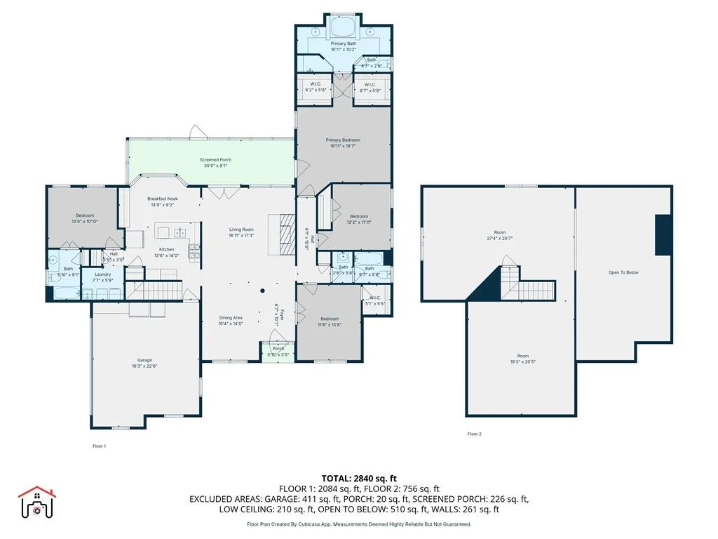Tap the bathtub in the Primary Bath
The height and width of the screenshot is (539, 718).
pyautogui.click(x=343, y=28)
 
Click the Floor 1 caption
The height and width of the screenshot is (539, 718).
pyautogui.click(x=100, y=446)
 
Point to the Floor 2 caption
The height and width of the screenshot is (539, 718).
pyautogui.click(x=475, y=434)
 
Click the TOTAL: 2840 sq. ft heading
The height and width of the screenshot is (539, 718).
pyautogui.click(x=359, y=477)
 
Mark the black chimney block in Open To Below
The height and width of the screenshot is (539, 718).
pyautogui.click(x=663, y=235)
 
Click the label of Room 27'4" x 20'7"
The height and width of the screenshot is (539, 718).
pyautogui.click(x=499, y=236)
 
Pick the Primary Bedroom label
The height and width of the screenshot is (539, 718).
pyautogui.click(x=343, y=143)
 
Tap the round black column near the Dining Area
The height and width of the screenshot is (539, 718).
pyautogui.click(x=263, y=291)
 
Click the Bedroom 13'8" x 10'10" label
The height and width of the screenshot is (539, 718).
pyautogui.click(x=82, y=218)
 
